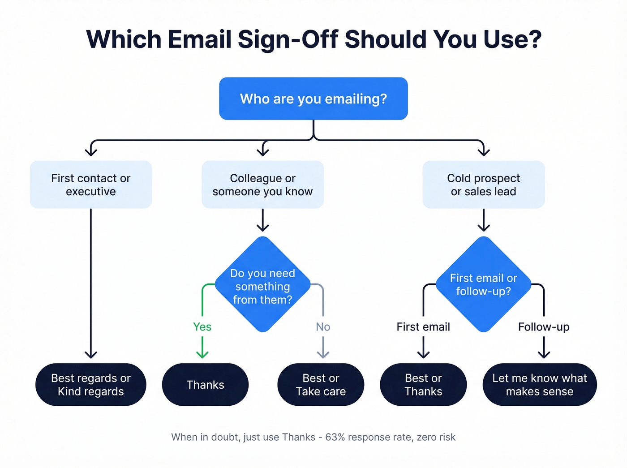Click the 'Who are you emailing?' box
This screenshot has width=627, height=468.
click(x=313, y=99)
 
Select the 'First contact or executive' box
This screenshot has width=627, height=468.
click(x=91, y=185)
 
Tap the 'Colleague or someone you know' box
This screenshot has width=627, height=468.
click(x=262, y=185)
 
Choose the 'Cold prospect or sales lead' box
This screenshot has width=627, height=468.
click(x=483, y=185)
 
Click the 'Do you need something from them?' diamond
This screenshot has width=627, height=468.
click(x=262, y=285)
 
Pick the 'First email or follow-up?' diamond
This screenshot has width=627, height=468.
click(x=483, y=284)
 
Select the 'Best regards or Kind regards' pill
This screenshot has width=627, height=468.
click(x=91, y=385)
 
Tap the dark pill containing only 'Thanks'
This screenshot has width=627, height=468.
click(x=205, y=385)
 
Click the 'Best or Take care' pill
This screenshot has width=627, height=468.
click(x=321, y=385)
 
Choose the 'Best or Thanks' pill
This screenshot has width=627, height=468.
click(x=423, y=385)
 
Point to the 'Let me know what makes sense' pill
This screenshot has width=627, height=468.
click(x=539, y=385)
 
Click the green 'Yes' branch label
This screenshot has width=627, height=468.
click(x=202, y=327)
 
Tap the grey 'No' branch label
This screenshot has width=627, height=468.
click(x=323, y=327)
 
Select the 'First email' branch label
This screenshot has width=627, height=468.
click(x=423, y=327)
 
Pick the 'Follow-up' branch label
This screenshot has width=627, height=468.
click(x=544, y=327)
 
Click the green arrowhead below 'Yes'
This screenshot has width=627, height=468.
click(x=202, y=354)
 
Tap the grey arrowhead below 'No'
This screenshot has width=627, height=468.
click(x=323, y=354)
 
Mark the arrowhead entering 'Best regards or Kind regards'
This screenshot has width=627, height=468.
click(x=91, y=354)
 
